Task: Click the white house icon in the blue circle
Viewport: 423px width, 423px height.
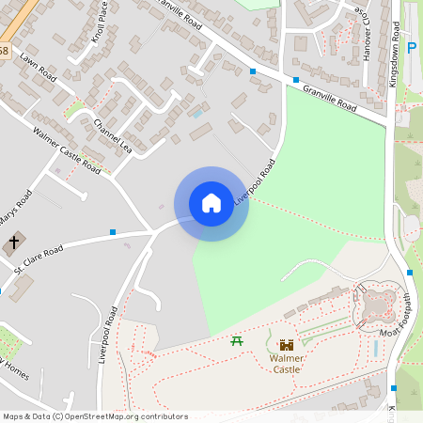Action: click(x=211, y=202)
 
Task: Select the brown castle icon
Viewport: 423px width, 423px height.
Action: click(x=287, y=345)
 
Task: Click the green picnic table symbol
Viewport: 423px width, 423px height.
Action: click(x=237, y=339)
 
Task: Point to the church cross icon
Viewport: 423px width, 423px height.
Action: click(x=14, y=243)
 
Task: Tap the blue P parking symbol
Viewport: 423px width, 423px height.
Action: click(x=412, y=48)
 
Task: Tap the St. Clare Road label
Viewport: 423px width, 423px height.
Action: click(x=38, y=259)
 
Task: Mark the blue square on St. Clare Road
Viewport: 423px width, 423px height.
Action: click(x=113, y=231)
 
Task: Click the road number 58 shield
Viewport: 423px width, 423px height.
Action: click(x=5, y=50)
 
